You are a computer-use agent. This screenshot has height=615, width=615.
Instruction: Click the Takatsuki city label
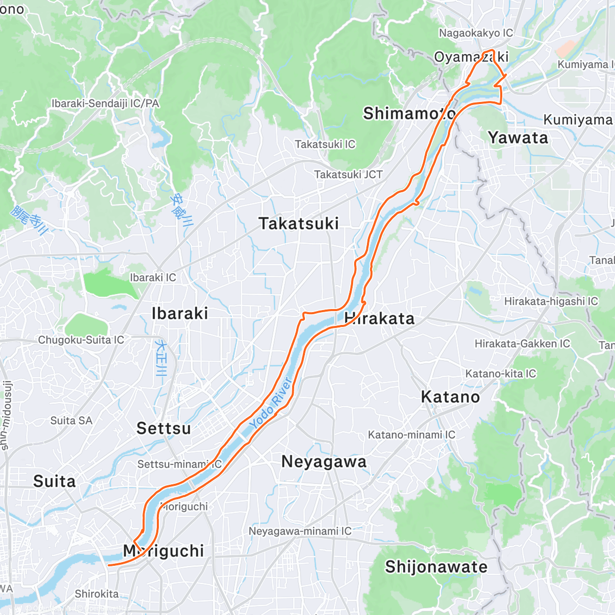point(299,224)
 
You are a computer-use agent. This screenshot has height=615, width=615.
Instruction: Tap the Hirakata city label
point(379,318)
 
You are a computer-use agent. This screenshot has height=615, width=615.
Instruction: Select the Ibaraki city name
point(180,313)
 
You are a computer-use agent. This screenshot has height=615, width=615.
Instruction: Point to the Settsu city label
point(163,428)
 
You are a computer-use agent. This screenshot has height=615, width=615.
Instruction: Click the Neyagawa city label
point(324,462)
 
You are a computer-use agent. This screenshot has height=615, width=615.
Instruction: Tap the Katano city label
point(450,397)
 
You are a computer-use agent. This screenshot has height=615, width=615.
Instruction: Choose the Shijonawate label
point(436,567)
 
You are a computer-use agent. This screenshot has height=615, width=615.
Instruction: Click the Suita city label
point(54,481)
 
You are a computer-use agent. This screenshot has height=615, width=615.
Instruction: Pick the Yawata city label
point(518,138)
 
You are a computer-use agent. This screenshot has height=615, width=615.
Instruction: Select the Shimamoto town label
point(409,113)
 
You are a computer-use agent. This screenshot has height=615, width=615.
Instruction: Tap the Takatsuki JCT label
point(348,175)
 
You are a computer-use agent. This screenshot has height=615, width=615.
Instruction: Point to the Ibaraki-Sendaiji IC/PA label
point(105,104)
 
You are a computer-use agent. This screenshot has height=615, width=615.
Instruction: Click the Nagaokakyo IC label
point(476,33)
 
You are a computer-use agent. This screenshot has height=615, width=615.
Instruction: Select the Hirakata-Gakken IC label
point(522,343)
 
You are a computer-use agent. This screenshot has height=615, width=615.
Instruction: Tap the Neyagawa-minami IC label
point(300,531)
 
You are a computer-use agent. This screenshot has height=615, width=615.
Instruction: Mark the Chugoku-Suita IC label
point(81,340)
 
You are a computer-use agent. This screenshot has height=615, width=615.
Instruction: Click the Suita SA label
point(71,421)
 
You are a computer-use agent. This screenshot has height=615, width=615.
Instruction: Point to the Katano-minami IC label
point(411,435)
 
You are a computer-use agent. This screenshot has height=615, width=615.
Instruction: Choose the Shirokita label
point(96,594)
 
